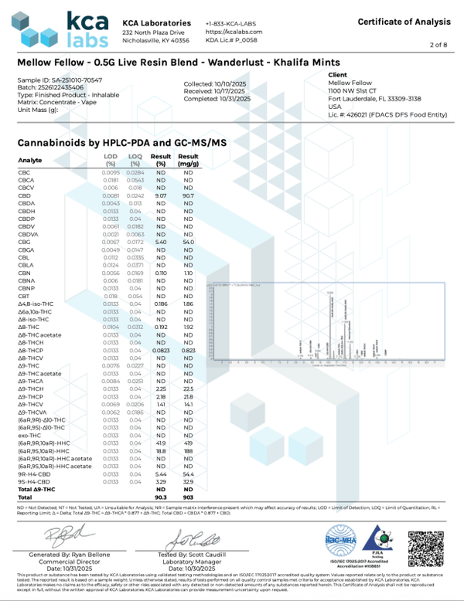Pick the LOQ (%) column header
click(x=135, y=160)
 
